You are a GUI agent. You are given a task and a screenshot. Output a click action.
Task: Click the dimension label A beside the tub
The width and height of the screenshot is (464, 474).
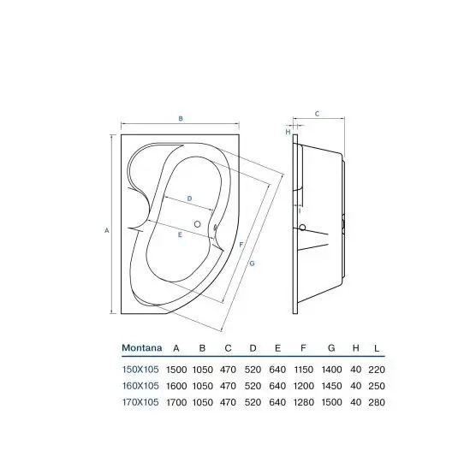(x=106, y=230)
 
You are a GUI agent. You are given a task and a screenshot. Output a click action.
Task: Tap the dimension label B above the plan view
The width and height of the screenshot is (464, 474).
(x=181, y=119)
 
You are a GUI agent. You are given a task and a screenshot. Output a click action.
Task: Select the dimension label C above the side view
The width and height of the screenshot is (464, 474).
(x=317, y=114)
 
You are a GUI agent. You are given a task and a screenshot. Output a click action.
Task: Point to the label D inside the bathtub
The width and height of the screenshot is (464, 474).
(x=190, y=198)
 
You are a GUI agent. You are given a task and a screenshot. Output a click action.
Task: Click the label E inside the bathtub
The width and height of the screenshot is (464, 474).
(x=180, y=234)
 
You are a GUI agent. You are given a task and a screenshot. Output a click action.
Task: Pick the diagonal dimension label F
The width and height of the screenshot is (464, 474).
(x=241, y=245)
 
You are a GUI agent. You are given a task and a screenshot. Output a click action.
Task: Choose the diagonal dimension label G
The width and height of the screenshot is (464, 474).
(x=252, y=264)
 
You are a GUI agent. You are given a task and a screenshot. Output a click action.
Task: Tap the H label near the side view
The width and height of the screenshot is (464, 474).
(x=288, y=132)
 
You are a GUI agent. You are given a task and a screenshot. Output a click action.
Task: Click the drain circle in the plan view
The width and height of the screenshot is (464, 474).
(x=198, y=224)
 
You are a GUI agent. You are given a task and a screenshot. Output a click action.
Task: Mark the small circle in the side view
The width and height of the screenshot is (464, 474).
(x=302, y=228)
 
